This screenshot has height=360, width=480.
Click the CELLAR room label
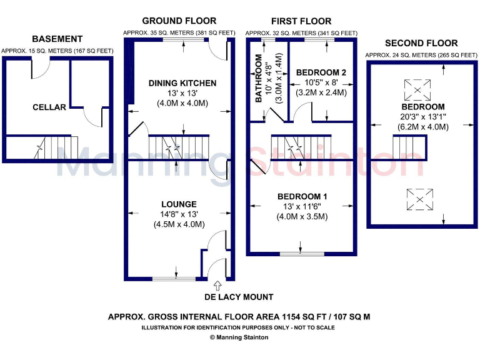[x=49, y=107]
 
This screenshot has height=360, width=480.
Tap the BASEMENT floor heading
[x=57, y=39]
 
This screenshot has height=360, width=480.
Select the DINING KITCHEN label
[x=182, y=83]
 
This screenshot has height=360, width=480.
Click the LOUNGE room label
[x=179, y=204]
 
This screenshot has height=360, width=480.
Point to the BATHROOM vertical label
[x=257, y=79]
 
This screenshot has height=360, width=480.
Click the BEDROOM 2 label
[x=321, y=72]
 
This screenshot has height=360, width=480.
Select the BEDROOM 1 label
[x=306, y=197]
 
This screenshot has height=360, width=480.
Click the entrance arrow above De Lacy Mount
[x=217, y=284]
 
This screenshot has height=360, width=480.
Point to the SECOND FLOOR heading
[x=421, y=44]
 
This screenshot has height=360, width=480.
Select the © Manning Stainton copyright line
[x=239, y=337]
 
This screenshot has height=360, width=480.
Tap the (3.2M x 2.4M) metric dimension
[x=321, y=92]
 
